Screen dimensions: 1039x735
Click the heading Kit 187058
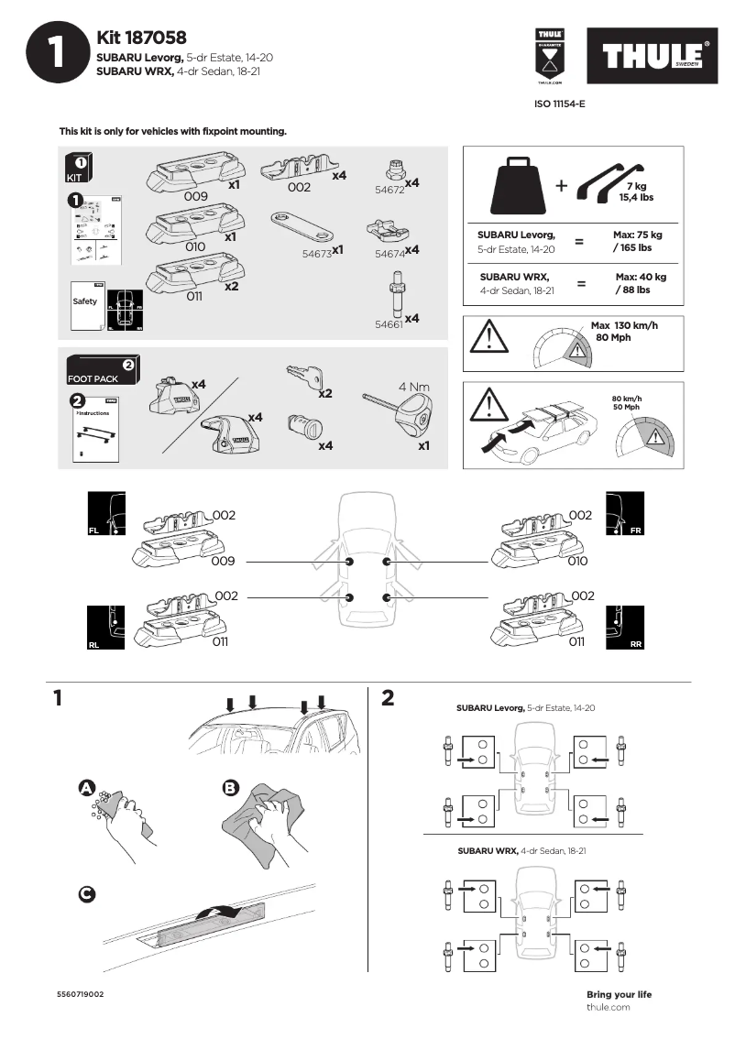click(141, 38)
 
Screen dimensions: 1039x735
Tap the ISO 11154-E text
click(559, 104)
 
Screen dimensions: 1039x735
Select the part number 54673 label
click(317, 251)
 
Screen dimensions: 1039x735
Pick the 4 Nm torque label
click(414, 387)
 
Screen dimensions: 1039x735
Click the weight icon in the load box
click(520, 184)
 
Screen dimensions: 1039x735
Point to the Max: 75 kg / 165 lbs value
click(638, 241)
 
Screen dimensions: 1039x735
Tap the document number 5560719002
click(80, 993)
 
